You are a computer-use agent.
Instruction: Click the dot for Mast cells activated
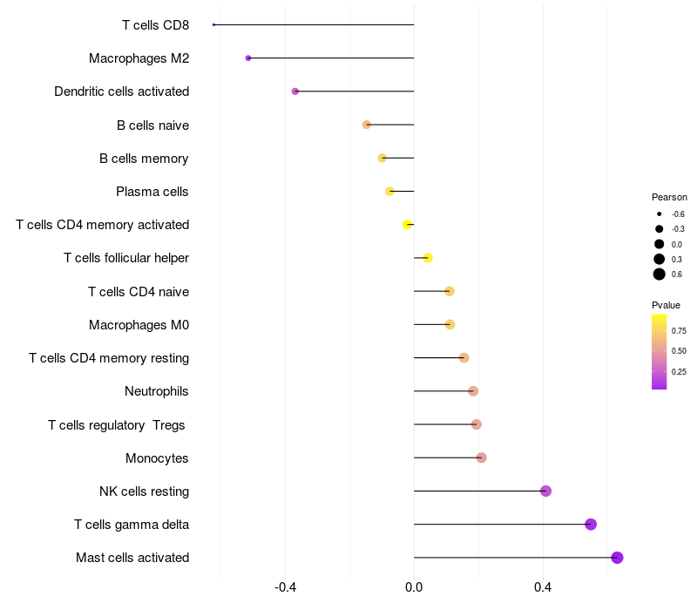pyautogui.click(x=617, y=558)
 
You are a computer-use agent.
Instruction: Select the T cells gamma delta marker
pyautogui.click(x=591, y=525)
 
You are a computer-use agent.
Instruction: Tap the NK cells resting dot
pyautogui.click(x=546, y=491)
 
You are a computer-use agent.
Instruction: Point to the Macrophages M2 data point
pyautogui.click(x=248, y=58)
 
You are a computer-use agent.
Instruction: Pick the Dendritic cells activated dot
pyautogui.click(x=295, y=91)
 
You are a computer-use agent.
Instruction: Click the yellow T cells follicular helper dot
pyautogui.click(x=428, y=258)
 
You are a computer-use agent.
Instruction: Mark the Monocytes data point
pyautogui.click(x=482, y=457)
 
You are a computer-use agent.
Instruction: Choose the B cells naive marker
pyautogui.click(x=367, y=125)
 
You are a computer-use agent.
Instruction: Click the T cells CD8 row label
pyautogui.click(x=155, y=25)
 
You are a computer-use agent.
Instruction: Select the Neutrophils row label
pyautogui.click(x=157, y=391)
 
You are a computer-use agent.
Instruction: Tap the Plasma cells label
pyautogui.click(x=152, y=192)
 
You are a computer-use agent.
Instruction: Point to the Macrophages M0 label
pyautogui.click(x=139, y=325)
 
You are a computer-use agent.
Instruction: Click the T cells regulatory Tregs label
pyautogui.click(x=117, y=424)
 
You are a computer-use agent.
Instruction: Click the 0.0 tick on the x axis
pyautogui.click(x=414, y=588)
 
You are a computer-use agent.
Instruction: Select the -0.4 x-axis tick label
pyautogui.click(x=285, y=588)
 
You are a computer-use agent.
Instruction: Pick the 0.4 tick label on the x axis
pyautogui.click(x=543, y=588)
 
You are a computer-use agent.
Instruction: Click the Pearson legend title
pyautogui.click(x=669, y=197)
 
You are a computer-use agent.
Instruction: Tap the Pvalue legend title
pyautogui.click(x=667, y=305)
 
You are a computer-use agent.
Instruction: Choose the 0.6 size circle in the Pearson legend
pyautogui.click(x=660, y=274)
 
